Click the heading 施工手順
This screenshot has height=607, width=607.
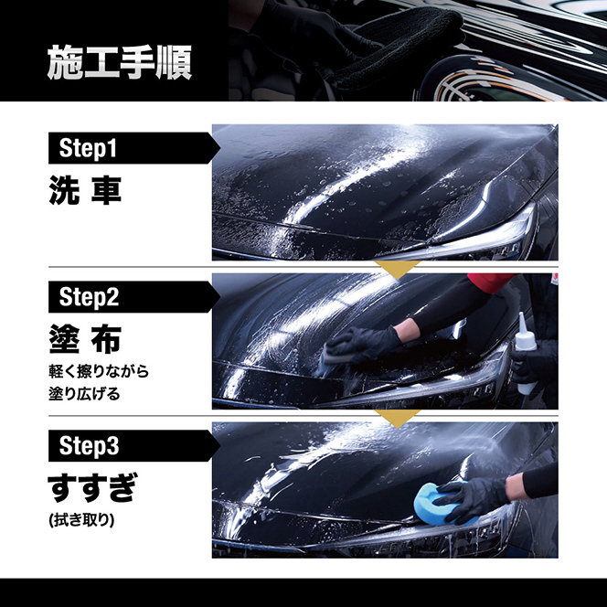pyautogui.click(x=119, y=63)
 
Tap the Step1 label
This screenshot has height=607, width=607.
pyautogui.click(x=88, y=148)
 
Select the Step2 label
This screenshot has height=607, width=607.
pyautogui.click(x=89, y=297)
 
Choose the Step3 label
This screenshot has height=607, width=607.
pyautogui.click(x=89, y=445)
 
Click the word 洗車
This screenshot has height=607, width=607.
pyautogui.click(x=85, y=190)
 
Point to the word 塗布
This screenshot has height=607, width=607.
pyautogui.click(x=85, y=339)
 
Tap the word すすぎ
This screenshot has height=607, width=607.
pyautogui.click(x=92, y=487)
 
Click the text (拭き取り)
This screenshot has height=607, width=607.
pyautogui.click(x=81, y=520)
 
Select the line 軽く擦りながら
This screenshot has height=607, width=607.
pyautogui.click(x=99, y=371)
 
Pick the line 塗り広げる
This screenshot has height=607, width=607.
pyautogui.click(x=84, y=394)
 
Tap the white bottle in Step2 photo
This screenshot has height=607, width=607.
pyautogui.click(x=525, y=353)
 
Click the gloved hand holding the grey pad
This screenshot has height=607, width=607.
pyautogui.click(x=362, y=344)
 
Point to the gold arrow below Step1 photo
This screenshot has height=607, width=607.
pyautogui.click(x=397, y=269)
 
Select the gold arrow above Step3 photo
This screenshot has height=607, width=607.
pyautogui.click(x=397, y=418)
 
